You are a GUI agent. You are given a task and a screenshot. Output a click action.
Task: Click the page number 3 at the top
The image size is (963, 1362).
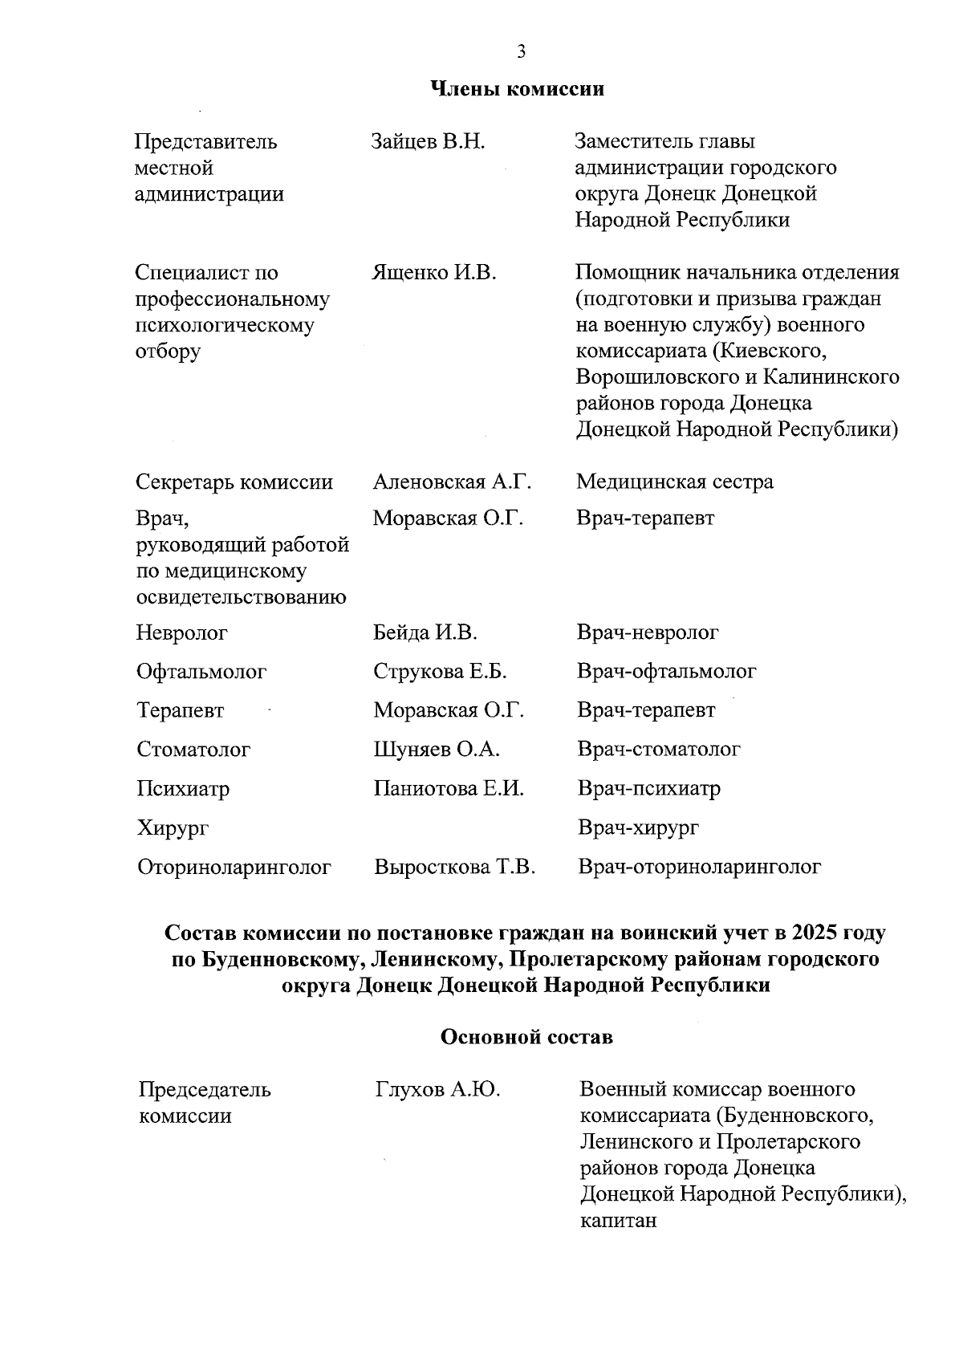click(521, 52)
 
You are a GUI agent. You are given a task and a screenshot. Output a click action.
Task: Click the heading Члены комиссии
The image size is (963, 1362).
click(518, 89)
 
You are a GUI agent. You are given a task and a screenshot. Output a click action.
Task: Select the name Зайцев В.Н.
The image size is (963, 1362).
click(429, 143)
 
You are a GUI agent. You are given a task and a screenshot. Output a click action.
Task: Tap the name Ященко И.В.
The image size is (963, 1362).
click(434, 273)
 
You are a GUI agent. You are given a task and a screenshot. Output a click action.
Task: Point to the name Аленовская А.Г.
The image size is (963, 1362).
click(452, 482)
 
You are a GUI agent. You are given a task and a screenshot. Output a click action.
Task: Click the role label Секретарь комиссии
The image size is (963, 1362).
click(234, 482)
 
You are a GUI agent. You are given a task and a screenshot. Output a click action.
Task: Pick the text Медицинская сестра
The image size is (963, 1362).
click(674, 482)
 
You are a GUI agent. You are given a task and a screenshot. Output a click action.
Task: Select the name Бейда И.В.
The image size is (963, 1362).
click(425, 633)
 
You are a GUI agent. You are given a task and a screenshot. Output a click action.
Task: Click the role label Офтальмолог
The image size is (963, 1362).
click(201, 672)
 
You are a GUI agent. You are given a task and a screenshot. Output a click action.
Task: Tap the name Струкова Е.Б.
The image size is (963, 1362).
click(440, 672)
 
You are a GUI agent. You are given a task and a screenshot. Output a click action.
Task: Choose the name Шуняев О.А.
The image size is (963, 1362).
click(437, 750)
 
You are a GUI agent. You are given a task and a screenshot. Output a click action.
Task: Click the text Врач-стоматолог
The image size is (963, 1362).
click(658, 750)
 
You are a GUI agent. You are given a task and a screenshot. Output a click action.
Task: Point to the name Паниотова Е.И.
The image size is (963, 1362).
click(449, 789)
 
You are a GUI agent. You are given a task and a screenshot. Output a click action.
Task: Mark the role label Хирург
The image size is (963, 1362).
click(173, 828)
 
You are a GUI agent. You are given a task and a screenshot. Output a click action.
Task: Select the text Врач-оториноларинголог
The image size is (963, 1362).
click(699, 868)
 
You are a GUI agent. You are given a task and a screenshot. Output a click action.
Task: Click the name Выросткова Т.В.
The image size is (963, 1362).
click(454, 868)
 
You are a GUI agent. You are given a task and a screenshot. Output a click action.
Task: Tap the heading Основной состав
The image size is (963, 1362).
click(526, 1037)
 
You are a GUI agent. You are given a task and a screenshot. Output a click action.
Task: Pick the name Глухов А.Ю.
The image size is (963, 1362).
click(437, 1090)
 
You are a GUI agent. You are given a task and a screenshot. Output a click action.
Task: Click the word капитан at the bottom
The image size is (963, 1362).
click(618, 1222)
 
